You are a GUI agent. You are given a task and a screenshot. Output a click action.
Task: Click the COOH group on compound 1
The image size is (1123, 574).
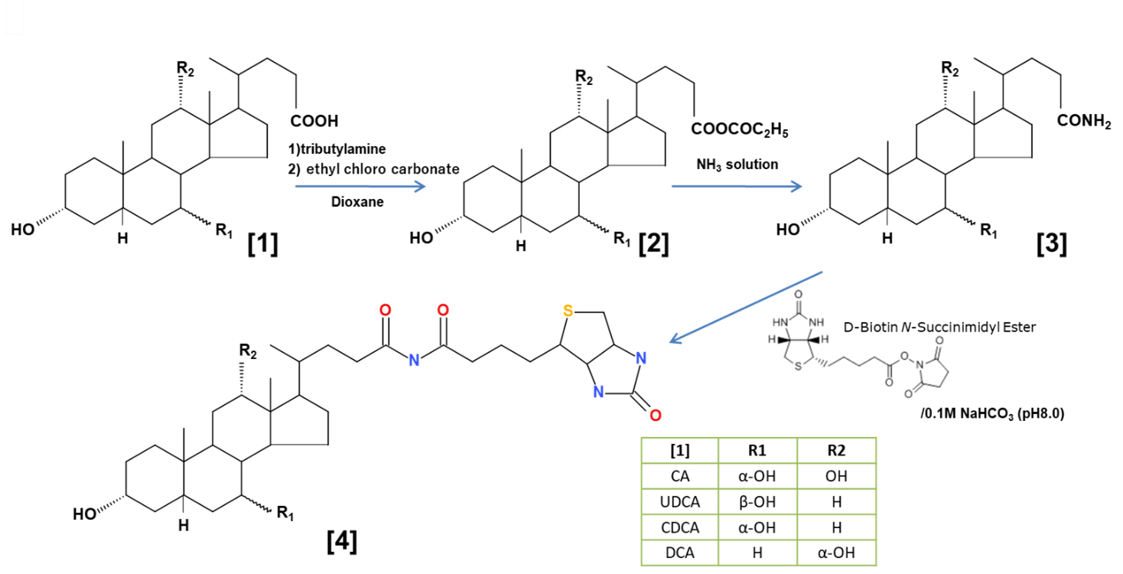click(314, 121)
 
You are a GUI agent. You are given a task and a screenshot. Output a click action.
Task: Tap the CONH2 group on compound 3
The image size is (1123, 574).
click(1084, 121)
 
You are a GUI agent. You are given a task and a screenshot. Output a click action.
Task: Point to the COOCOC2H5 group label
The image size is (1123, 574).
click(739, 130)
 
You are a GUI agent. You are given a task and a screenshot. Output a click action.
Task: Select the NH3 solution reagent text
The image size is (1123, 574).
click(737, 164)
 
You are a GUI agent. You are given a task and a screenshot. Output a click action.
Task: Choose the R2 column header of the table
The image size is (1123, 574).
click(836, 450)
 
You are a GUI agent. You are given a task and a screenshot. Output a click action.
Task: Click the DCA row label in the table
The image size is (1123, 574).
click(680, 552)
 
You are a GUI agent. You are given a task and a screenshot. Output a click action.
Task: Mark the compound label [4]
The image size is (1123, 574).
click(341, 541)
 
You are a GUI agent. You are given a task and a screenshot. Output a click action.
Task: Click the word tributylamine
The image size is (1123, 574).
click(342, 149)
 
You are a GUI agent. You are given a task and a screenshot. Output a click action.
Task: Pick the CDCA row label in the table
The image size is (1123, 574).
click(680, 527)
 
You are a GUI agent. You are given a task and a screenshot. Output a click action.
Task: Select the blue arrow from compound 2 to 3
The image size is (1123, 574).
click(737, 185)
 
